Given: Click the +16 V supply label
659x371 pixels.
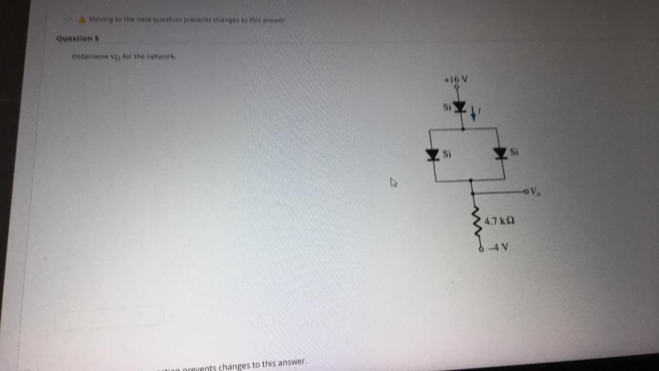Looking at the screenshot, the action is click(454, 79).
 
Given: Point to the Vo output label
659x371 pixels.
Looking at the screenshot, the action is click(535, 191).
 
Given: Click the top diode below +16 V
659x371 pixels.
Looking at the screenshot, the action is click(459, 106).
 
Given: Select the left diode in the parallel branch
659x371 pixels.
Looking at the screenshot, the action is click(434, 154).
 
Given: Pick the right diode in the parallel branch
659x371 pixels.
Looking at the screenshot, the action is click(500, 153).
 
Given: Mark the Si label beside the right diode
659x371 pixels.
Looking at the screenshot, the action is click(514, 152).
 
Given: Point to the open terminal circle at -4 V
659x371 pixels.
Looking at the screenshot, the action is click(481, 250).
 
